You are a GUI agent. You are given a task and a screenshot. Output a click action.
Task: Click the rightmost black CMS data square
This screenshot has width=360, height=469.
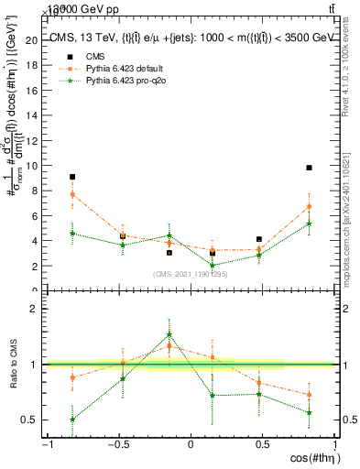pos(310,168)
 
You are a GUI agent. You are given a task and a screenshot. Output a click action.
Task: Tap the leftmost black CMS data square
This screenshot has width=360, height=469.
pos(72,177)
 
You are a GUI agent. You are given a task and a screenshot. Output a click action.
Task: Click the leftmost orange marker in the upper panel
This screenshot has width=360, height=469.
pos(72,194)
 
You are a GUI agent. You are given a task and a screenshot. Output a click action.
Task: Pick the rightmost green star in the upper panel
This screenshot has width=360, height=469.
pos(310,224)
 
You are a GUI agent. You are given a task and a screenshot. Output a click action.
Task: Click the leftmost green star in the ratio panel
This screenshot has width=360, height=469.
pos(72,420)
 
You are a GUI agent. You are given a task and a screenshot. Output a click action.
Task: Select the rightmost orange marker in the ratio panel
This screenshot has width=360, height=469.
pos(310,395)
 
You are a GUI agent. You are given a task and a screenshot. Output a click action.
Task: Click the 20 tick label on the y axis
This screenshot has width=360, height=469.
pos(32,40)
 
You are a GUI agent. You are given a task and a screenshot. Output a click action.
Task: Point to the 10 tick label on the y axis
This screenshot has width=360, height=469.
pos(32,166)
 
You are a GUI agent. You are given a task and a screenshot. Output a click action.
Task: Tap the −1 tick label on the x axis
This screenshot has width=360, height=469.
pos(46,445)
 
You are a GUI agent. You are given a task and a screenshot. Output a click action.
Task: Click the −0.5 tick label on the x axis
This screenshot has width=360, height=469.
pos(117,445)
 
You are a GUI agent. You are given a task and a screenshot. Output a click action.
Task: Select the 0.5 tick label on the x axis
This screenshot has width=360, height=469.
pos(263,445)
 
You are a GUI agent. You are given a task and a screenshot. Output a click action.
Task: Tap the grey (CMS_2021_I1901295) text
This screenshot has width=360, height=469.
pos(191,274)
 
